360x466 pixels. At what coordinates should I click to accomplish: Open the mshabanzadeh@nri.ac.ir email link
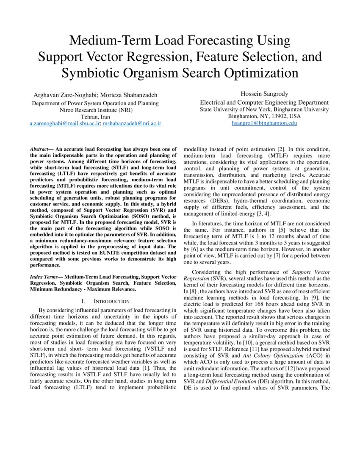[x=132, y=124]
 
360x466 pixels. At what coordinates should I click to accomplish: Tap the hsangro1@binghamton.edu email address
[x=264, y=123]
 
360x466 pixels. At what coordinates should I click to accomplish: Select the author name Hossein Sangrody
[x=264, y=94]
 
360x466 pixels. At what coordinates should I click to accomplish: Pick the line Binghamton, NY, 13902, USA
[x=264, y=116]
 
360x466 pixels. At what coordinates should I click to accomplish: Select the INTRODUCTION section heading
[x=111, y=301]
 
